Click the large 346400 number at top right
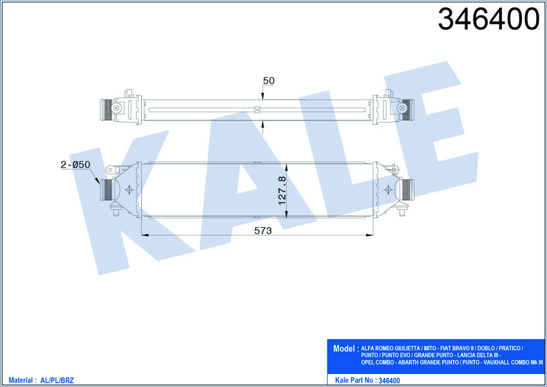tap(488, 19)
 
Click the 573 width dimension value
tap(263, 230)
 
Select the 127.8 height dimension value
tap(282, 190)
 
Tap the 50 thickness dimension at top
tap(269, 81)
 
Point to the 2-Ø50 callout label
tap(75, 164)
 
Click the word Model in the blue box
tap(343, 348)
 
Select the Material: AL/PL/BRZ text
tap(41, 380)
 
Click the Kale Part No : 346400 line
tap(367, 380)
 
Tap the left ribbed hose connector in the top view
tap(106, 110)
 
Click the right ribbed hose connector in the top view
tap(408, 110)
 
